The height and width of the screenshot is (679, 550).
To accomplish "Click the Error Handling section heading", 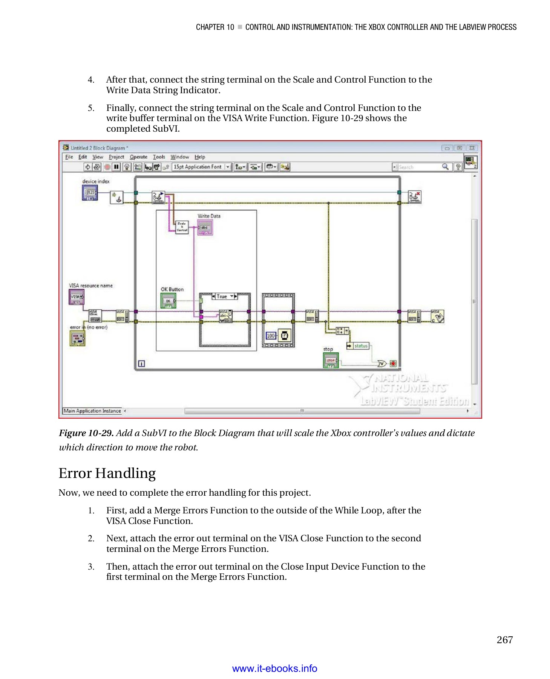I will tap(107, 473).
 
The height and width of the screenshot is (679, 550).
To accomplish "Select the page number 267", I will tap(504, 640).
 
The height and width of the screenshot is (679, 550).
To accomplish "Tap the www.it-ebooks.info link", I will tap(274, 668).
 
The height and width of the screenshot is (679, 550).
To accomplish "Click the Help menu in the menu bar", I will tap(199, 157).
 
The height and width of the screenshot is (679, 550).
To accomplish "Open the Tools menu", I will tap(159, 157).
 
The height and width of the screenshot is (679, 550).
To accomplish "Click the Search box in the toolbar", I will tap(418, 167).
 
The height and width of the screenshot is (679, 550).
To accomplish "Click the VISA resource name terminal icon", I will tap(76, 297).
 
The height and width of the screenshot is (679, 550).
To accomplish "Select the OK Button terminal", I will tap(168, 301).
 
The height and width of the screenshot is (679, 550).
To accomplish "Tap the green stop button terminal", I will tap(331, 360).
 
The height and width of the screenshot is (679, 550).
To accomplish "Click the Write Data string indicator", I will tap(205, 228).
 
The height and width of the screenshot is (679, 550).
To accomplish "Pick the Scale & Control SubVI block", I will tap(182, 227).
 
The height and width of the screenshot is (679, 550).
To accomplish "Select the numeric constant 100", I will tap(271, 335).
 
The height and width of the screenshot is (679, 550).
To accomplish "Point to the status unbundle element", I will tap(358, 346).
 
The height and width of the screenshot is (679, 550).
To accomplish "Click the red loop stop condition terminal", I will tap(393, 364).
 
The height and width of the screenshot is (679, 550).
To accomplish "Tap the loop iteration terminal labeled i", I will tap(141, 364).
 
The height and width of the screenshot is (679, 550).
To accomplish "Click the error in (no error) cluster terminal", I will tap(77, 338).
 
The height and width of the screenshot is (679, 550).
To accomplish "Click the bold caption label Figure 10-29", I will tap(86, 433).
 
